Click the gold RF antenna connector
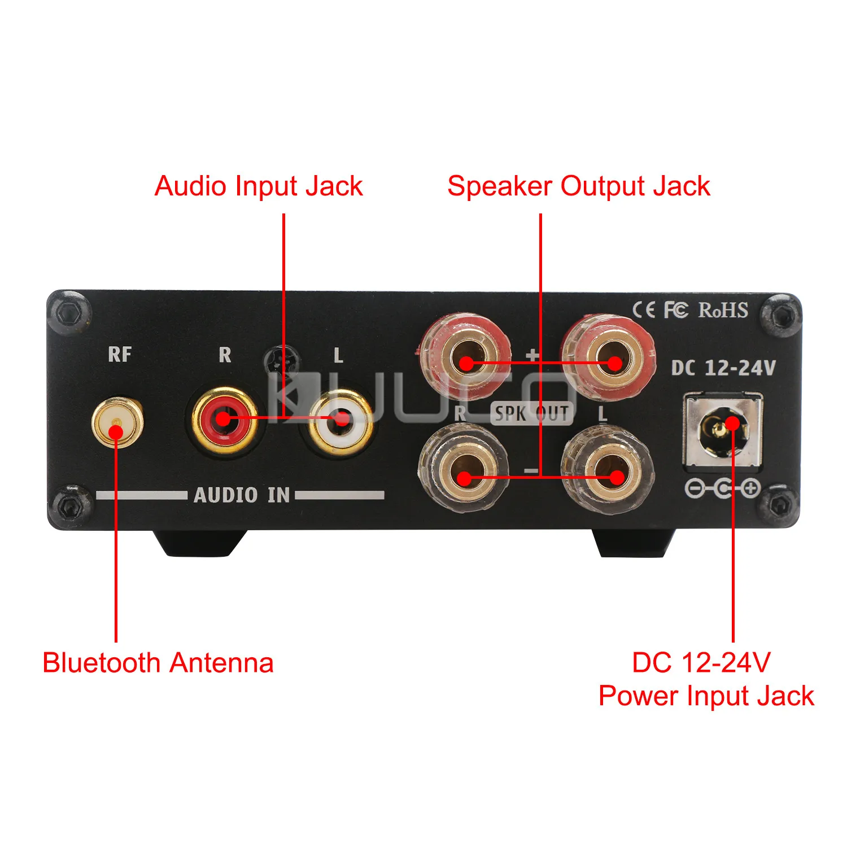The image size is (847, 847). click(x=117, y=422)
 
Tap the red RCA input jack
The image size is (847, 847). click(x=224, y=420)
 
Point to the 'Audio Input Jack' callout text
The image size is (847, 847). click(x=259, y=186)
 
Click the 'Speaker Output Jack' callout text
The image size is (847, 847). click(x=578, y=186)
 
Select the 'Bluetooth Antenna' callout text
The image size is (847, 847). click(x=158, y=663)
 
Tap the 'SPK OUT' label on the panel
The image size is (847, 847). click(x=531, y=413)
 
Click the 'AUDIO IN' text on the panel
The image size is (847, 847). click(x=242, y=495)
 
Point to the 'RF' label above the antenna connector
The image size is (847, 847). click(x=120, y=355)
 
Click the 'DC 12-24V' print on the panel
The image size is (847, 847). click(x=723, y=368)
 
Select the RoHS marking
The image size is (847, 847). click(x=723, y=310)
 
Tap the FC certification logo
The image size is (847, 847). click(x=676, y=310)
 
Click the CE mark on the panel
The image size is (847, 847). click(x=644, y=310)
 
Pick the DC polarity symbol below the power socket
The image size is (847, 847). click(x=723, y=488)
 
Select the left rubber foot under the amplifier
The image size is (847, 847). click(x=199, y=543)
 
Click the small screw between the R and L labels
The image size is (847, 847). click(x=282, y=360)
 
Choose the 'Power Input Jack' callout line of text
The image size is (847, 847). click(x=706, y=696)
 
